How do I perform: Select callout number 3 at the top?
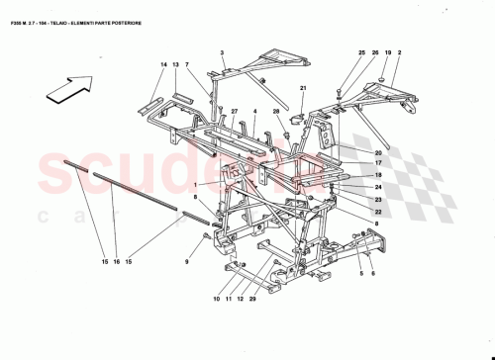pyautogui.click(x=223, y=52)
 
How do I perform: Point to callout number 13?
pyautogui.click(x=174, y=64)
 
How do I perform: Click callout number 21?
pyautogui.click(x=304, y=90)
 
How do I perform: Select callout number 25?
pyautogui.click(x=361, y=52)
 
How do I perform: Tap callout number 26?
pyautogui.click(x=375, y=52)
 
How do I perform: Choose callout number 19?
pyautogui.click(x=388, y=52)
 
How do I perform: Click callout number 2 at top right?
pyautogui.click(x=401, y=52)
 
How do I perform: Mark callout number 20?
pyautogui.click(x=378, y=152)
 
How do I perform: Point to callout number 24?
pyautogui.click(x=378, y=186)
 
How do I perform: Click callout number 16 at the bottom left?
pyautogui.click(x=115, y=261)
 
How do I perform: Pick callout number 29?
pyautogui.click(x=253, y=299)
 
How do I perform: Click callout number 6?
pyautogui.click(x=373, y=274)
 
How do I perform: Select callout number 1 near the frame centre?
pyautogui.click(x=196, y=185)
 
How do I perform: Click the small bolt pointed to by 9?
pyautogui.click(x=205, y=237)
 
